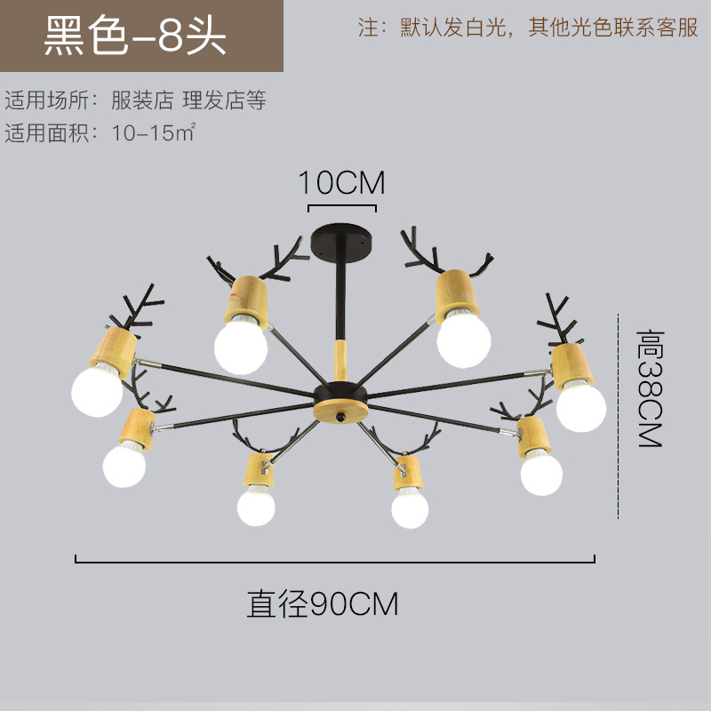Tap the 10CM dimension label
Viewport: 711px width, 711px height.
(341, 183)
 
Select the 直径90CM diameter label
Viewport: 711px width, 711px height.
(323, 604)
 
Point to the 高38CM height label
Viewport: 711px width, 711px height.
(651, 388)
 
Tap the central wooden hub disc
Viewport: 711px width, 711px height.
(341, 411)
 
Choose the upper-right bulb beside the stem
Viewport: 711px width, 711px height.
(464, 339)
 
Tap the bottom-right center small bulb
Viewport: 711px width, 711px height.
(410, 507)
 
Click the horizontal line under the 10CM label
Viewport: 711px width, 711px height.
(341, 207)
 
